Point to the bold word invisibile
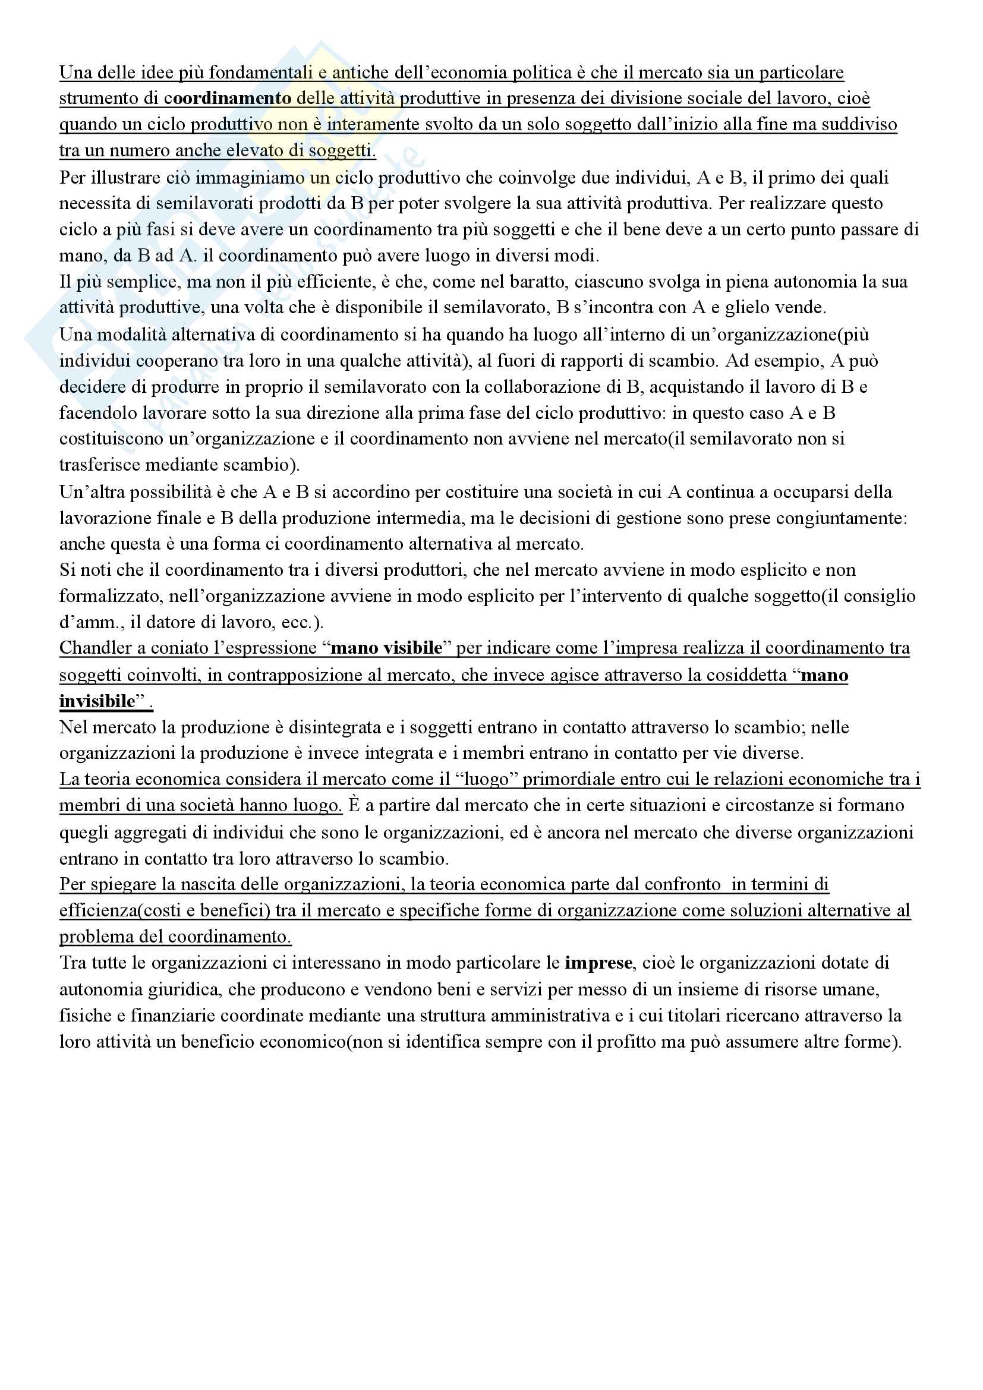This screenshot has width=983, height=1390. click(x=97, y=701)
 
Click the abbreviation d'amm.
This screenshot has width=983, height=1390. click(x=89, y=622)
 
